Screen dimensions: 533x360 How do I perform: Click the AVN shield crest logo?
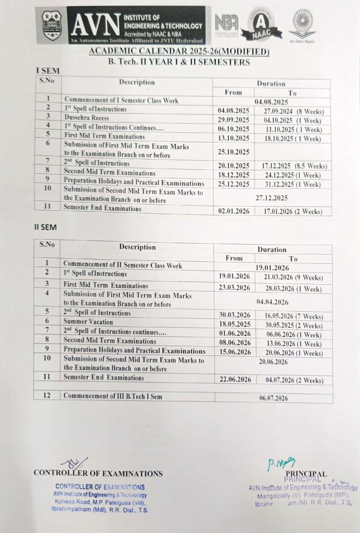coord(52,25)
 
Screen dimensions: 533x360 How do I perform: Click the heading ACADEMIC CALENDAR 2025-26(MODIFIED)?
coord(179,51)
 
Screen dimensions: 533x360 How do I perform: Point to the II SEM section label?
coord(45,227)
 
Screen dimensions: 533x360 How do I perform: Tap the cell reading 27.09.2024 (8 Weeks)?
coord(293,111)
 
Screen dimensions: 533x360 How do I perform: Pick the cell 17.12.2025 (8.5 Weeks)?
coord(294,166)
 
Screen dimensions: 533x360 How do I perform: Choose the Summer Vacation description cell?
coord(88,322)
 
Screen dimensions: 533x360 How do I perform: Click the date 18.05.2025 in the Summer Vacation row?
coord(235,325)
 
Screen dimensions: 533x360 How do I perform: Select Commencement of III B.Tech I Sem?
coord(112,396)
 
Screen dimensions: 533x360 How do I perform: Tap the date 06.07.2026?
coord(274,398)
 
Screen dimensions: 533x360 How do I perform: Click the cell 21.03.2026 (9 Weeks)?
coord(293,277)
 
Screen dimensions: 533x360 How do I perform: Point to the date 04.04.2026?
coord(273,301)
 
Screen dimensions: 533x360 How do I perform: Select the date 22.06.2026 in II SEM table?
coord(235,379)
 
